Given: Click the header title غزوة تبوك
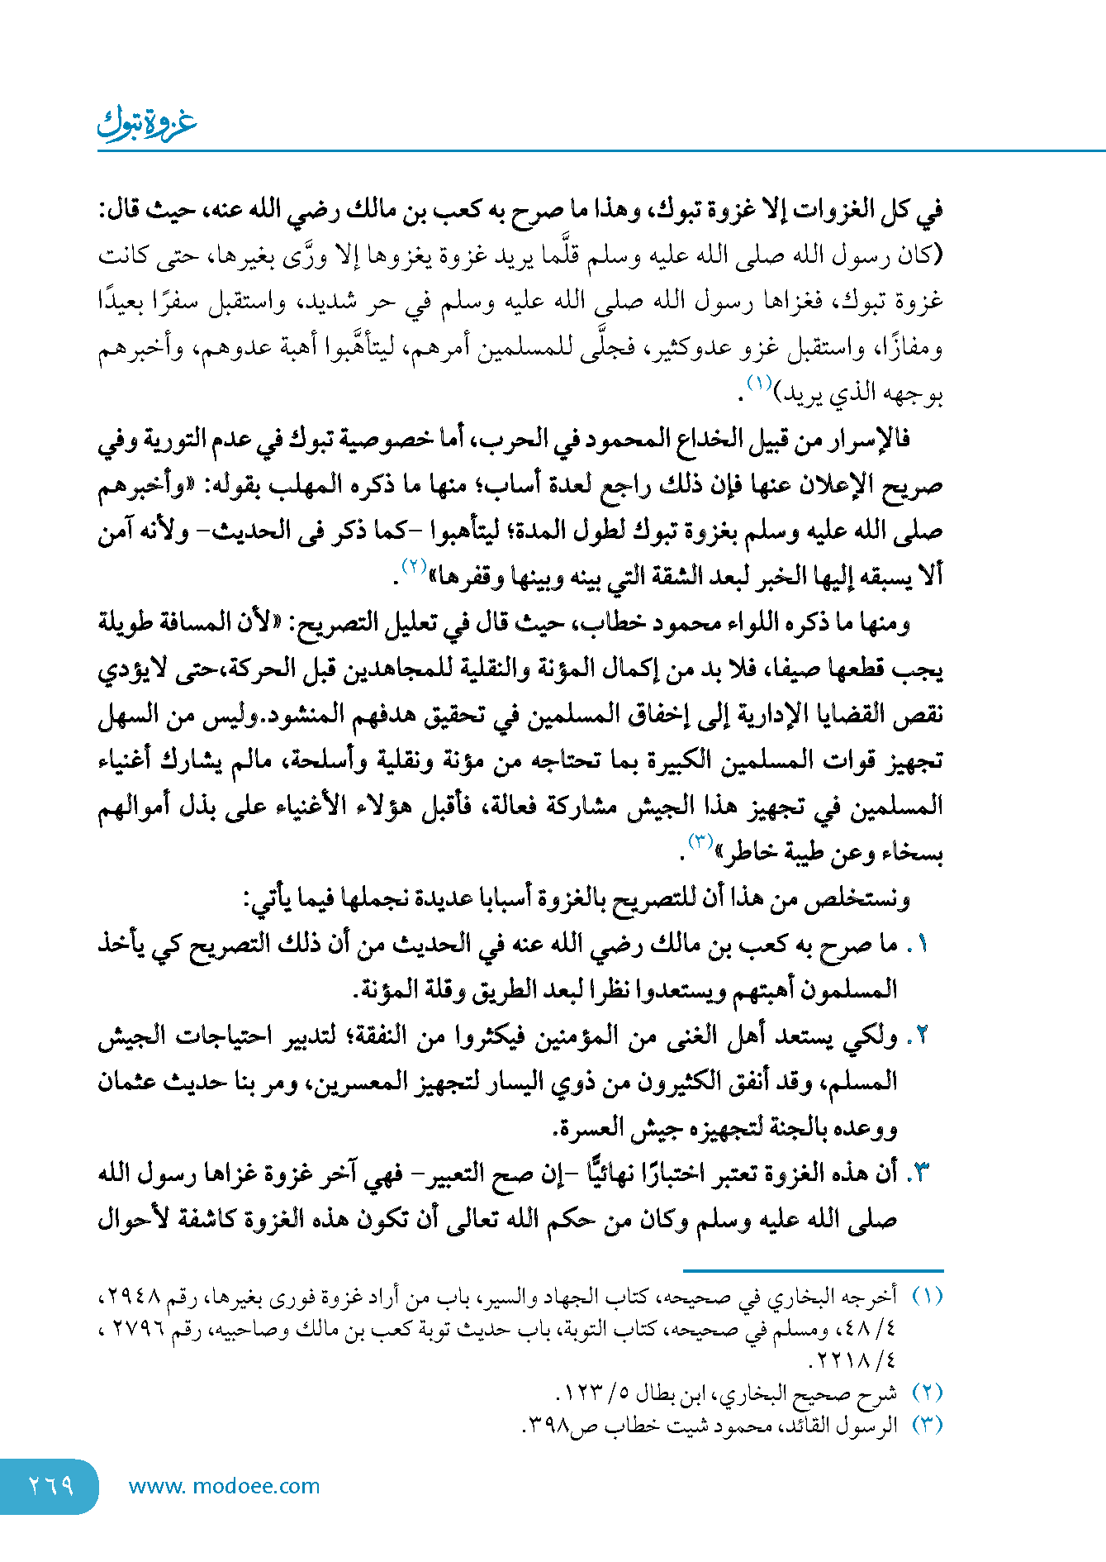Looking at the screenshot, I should point(147,123).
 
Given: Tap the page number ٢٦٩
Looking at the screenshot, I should point(50,1486).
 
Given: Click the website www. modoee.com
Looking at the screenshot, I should point(224,1486).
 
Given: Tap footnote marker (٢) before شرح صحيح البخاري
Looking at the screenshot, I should point(927,1393).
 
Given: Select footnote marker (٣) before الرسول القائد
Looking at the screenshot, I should point(927,1426).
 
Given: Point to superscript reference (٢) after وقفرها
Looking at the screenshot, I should point(414,566).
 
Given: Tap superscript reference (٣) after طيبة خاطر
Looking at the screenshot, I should point(701,842).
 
